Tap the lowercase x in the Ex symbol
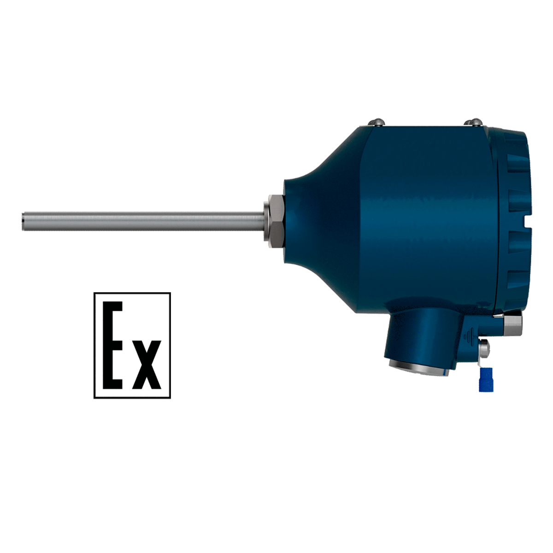(147, 365)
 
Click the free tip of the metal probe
(23, 221)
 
